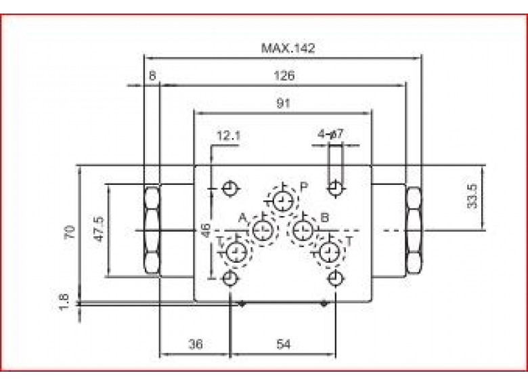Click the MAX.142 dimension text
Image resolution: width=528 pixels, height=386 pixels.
pos(288,48)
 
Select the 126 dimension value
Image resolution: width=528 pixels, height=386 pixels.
pos(284,77)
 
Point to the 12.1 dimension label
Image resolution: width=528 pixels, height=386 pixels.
pos(228,135)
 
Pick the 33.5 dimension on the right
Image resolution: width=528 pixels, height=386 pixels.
pos(472,196)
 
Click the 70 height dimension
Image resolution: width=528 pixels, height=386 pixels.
pos(69,234)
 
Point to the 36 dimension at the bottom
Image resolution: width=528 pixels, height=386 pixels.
pos(195,344)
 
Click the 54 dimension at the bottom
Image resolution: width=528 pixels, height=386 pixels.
pos(283,344)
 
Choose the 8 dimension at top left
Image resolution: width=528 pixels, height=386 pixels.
pos(153,77)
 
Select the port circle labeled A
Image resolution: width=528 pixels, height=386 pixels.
pos(263,230)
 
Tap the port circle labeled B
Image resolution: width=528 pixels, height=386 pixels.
pos(302,230)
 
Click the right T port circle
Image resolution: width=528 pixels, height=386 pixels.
pos(330,253)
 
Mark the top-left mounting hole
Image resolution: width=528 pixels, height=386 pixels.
pos(230,188)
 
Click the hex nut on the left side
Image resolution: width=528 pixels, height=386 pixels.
pos(151,230)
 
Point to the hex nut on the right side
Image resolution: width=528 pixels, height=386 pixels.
pos(413,230)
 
